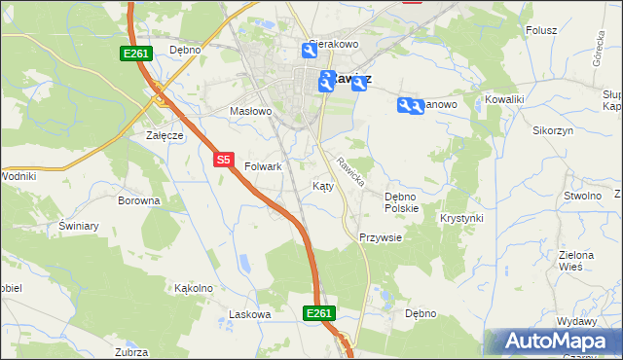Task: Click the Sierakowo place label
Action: click(334, 45)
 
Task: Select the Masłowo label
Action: click(250, 112)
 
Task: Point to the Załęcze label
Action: click(165, 135)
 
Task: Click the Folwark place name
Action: click(263, 167)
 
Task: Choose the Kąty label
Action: click(323, 186)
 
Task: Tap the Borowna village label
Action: click(138, 201)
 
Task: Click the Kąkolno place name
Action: click(193, 288)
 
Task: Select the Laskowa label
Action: click(248, 314)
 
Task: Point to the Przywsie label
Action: click(380, 237)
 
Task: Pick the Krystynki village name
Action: click(461, 218)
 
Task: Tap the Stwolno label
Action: click(581, 196)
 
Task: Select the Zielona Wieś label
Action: click(576, 260)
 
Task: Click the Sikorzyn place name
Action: click(553, 129)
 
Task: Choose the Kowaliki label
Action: click(505, 99)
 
